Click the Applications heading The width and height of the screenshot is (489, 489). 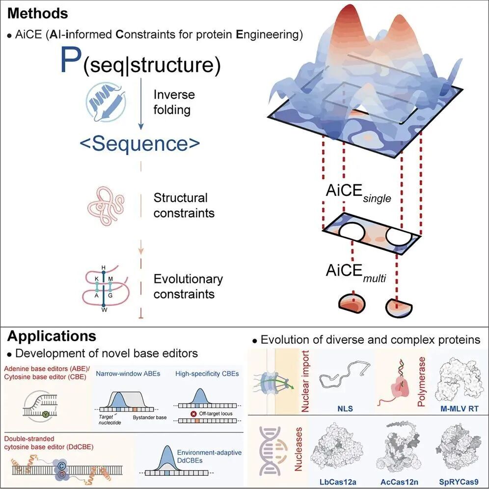click(52, 336)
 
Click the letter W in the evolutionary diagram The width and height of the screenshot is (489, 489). click(104, 310)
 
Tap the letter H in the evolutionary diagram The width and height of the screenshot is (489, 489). click(104, 268)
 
